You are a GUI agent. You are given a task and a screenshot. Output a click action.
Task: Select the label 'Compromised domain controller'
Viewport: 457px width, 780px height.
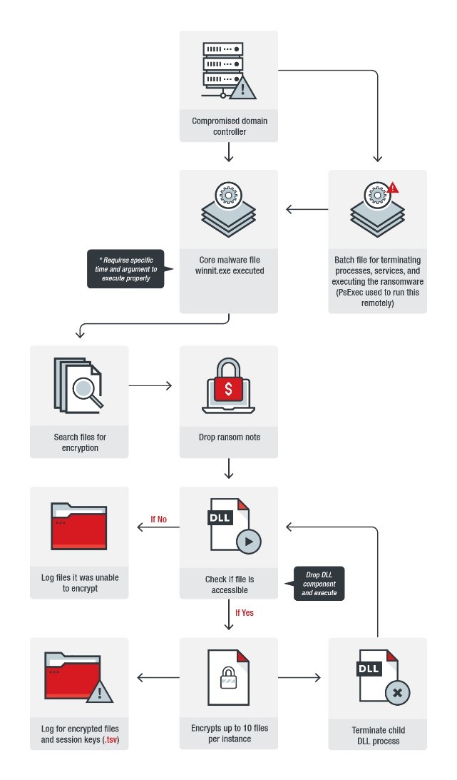(229, 126)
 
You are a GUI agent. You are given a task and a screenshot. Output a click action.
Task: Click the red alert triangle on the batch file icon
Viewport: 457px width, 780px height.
(393, 188)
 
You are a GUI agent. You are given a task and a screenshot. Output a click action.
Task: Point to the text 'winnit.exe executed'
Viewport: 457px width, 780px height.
(229, 270)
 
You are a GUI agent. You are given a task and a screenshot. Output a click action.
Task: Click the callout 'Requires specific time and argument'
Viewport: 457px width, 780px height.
(125, 268)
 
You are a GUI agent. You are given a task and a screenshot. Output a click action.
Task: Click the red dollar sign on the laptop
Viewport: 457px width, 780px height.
(228, 388)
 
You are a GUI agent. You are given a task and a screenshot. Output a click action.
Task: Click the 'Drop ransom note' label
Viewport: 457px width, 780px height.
(229, 437)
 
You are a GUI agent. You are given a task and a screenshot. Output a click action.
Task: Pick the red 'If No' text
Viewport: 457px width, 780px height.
(158, 519)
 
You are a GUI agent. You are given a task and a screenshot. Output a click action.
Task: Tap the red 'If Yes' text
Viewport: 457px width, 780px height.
(245, 612)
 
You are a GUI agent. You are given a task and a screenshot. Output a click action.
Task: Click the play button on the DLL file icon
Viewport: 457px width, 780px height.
(248, 541)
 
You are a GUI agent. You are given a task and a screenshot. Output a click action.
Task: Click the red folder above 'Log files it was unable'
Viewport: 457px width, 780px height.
(79, 527)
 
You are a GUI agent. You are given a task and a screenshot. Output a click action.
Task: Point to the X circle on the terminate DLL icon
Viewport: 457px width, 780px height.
(397, 692)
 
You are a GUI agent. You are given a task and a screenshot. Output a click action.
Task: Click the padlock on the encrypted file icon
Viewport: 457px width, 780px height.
(228, 676)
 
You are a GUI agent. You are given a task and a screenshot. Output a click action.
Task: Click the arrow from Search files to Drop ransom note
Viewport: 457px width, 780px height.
(150, 385)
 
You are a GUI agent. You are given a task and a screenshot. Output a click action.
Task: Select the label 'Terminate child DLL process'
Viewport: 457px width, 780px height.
(377, 736)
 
